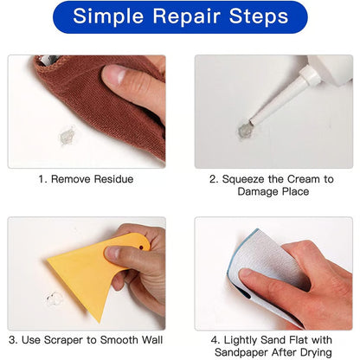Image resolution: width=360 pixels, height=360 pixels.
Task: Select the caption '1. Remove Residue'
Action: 86,178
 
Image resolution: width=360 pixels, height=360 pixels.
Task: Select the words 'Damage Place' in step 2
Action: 273,191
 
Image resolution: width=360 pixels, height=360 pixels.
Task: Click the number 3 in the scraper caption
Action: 12,340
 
